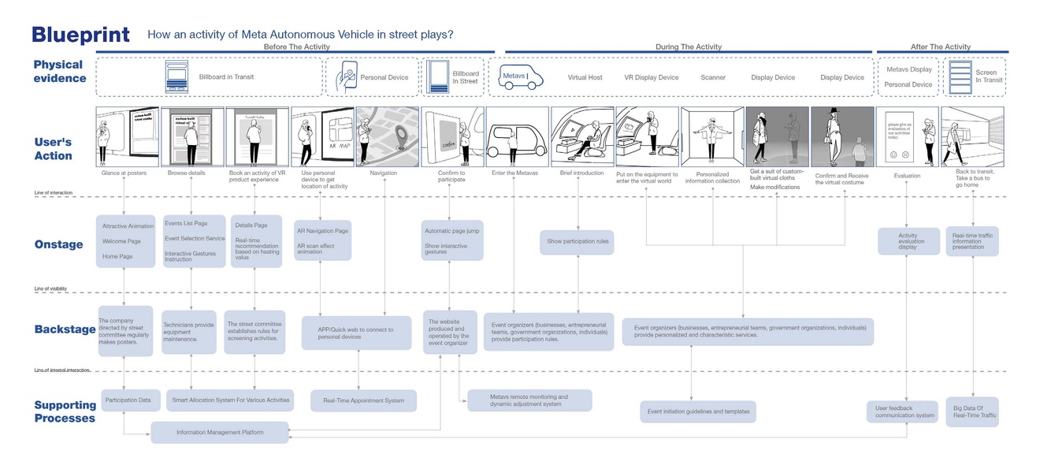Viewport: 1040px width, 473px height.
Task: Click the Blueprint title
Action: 80,35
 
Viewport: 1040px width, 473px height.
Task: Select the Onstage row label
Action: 58,244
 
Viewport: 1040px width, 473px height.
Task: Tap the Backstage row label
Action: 65,329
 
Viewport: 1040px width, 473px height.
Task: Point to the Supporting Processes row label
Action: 65,412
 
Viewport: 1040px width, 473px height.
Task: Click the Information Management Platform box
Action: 220,432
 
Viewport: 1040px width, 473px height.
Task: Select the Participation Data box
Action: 130,400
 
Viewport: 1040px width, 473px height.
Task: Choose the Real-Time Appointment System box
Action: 363,400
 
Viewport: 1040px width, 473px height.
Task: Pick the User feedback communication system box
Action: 905,412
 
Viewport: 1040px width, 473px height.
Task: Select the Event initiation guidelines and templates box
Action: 698,412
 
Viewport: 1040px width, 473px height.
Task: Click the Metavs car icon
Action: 522,77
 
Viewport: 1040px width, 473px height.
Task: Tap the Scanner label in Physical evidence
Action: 713,77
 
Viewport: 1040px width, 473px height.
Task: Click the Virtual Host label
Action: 585,77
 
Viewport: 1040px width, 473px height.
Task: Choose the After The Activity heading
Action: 940,47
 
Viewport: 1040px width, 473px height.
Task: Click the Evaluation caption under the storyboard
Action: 907,176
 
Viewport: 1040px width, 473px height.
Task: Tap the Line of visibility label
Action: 51,289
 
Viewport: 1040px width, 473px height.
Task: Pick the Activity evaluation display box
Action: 908,241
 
